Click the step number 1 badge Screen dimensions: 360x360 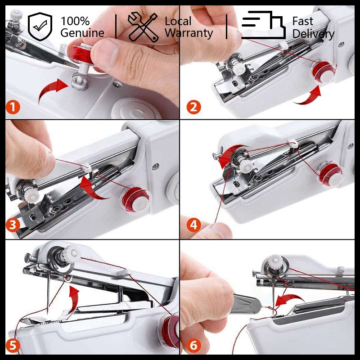coord(13,108)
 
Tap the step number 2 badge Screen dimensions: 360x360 coord(193,107)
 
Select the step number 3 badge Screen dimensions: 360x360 coord(13,225)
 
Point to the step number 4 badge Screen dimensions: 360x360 coord(193,225)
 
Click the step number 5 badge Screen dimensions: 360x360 coord(13,345)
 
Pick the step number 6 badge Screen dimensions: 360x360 coord(193,345)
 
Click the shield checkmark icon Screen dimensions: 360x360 coord(40,27)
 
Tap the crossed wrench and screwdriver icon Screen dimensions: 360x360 coord(143,27)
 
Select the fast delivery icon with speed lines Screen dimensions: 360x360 coord(264,25)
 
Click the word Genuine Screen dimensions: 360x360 coord(82,33)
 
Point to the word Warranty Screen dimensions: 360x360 coord(189,33)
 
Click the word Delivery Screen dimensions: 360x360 coord(313,34)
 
